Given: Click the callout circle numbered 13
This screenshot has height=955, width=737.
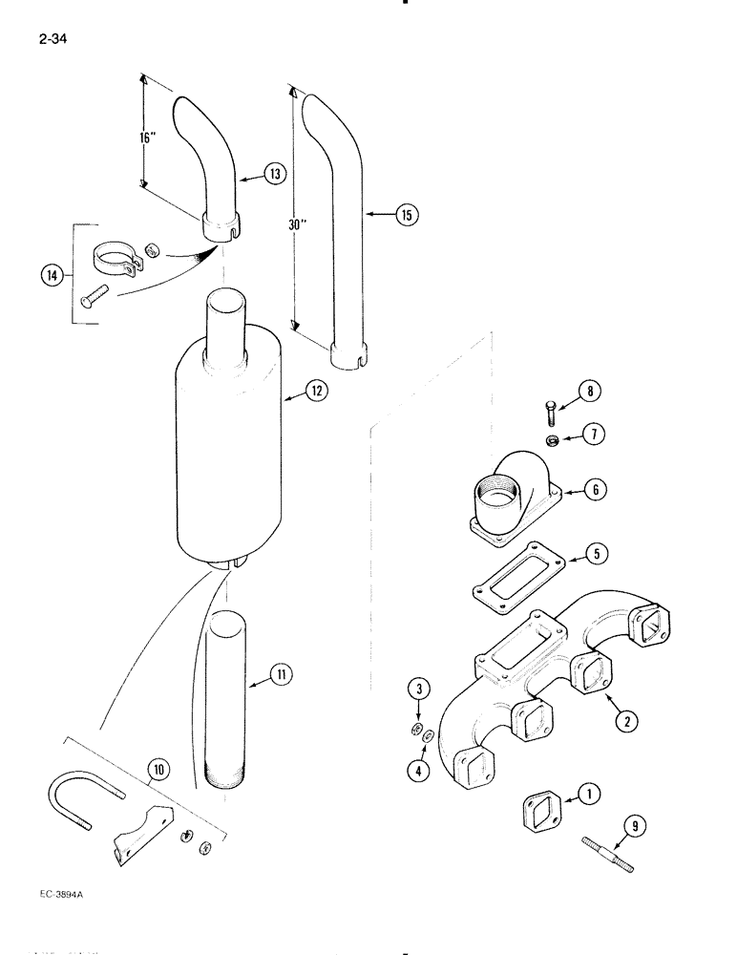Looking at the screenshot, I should [x=275, y=174].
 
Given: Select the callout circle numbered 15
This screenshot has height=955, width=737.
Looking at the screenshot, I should [x=408, y=215].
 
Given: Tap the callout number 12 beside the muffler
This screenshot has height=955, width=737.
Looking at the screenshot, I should [x=316, y=391].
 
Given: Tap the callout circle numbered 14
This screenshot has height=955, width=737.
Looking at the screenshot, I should [x=53, y=275].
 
